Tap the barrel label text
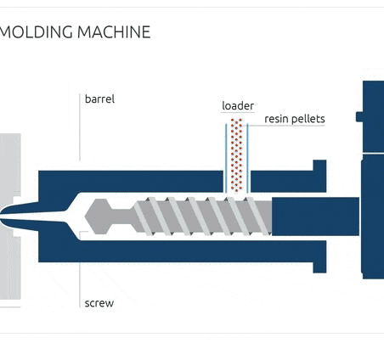pyautogui.click(x=99, y=98)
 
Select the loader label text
pyautogui.click(x=238, y=106)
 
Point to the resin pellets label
pyautogui.click(x=294, y=119)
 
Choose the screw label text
pyautogui.click(x=99, y=302)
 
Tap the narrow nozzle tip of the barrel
pyautogui.click(x=17, y=216)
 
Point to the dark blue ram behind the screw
pyautogui.click(x=314, y=216)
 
